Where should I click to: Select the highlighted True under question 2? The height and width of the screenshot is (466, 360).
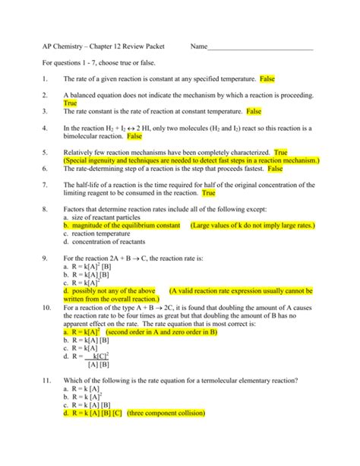(x=71, y=103)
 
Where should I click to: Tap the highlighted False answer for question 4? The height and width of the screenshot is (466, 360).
(x=134, y=137)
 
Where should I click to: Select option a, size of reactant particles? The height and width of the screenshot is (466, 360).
(x=106, y=217)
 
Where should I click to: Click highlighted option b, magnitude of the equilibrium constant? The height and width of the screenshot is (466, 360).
(x=122, y=226)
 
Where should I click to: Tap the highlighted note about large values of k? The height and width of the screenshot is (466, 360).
(x=252, y=226)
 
